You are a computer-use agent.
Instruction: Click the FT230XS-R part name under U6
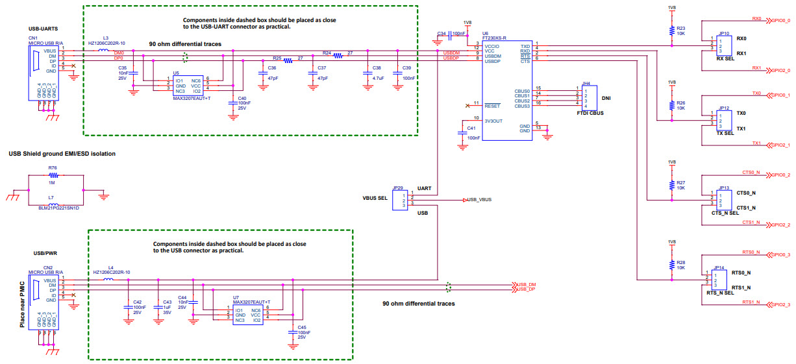495,38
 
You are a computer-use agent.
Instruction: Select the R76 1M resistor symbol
53,175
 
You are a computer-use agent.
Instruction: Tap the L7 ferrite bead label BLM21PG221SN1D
58,208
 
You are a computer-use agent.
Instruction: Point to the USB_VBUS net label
480,200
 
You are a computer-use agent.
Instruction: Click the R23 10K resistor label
680,31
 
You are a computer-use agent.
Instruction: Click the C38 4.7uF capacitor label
377,73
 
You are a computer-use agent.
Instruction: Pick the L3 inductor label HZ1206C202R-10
106,43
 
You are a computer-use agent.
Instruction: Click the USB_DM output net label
527,285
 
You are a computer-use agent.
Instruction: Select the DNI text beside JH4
606,99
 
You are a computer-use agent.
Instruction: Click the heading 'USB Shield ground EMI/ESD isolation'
62,154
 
